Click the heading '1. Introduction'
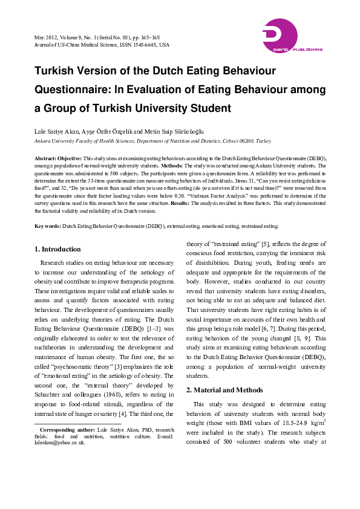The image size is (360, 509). coord(57,249)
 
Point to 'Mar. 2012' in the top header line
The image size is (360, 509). coord(47,37)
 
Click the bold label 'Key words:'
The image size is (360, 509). coord(47,226)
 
